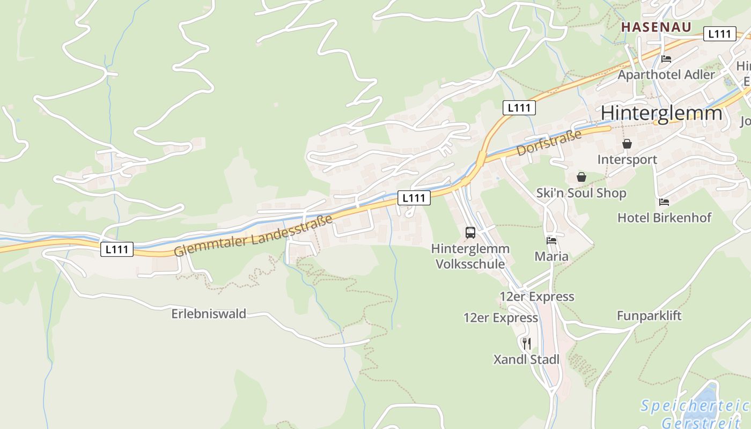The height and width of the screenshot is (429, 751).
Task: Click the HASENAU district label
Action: tap(656, 27)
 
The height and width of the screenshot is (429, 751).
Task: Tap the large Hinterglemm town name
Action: tap(661, 113)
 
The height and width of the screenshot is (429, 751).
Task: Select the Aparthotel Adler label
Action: tap(666, 75)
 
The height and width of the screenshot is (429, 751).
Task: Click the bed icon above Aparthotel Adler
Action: tap(666, 58)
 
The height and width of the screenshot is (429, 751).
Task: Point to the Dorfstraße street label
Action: tap(549, 143)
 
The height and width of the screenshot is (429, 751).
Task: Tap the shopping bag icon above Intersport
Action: tap(627, 144)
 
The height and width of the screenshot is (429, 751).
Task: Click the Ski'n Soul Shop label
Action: tap(581, 193)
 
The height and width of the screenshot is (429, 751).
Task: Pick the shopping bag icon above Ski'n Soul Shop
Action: tap(581, 177)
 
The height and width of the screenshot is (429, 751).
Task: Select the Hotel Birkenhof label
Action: tap(664, 218)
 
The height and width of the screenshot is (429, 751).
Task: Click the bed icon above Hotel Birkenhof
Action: tap(664, 202)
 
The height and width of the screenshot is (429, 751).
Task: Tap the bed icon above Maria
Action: tap(551, 240)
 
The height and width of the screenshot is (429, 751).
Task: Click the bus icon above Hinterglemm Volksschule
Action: tap(470, 233)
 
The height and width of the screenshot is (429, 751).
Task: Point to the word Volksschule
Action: tap(470, 264)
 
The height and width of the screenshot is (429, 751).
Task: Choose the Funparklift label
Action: tap(649, 315)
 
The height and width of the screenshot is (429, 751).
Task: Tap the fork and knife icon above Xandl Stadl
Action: tap(527, 343)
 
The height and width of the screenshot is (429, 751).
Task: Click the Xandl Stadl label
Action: tap(526, 359)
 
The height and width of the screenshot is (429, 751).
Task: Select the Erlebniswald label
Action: tap(209, 314)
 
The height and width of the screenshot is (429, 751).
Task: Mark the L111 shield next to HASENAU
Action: tap(719, 34)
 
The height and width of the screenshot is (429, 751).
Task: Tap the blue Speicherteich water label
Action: tap(695, 405)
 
